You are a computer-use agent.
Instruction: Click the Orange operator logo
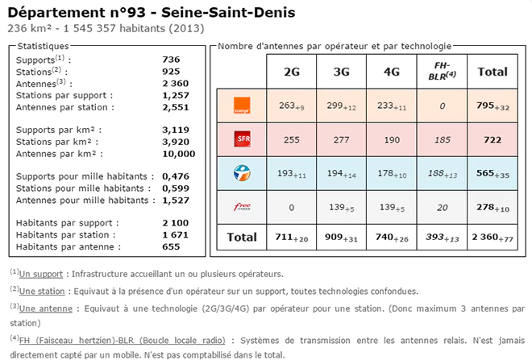tap(239, 105)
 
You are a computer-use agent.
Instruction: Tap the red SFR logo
tap(239, 139)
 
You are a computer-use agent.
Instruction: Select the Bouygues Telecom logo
tap(239, 173)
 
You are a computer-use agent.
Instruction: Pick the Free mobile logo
tap(239, 208)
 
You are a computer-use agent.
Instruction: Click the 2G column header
tap(292, 72)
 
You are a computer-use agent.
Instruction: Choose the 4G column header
tap(392, 72)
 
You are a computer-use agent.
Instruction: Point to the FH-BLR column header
tap(442, 71)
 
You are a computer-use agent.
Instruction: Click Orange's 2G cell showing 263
tap(292, 105)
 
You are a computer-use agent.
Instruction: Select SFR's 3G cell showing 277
tap(342, 139)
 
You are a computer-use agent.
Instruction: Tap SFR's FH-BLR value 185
tap(442, 139)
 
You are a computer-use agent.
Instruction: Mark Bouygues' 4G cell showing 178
tap(392, 174)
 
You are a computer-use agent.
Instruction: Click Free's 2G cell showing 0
tap(292, 208)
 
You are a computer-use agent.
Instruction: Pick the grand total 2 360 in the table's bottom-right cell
tap(493, 238)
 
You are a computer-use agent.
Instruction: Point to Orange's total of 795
tap(493, 105)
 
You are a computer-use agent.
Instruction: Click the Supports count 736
tap(171, 60)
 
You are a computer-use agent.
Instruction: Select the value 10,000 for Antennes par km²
tap(179, 153)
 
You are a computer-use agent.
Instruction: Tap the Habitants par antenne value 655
tap(171, 246)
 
